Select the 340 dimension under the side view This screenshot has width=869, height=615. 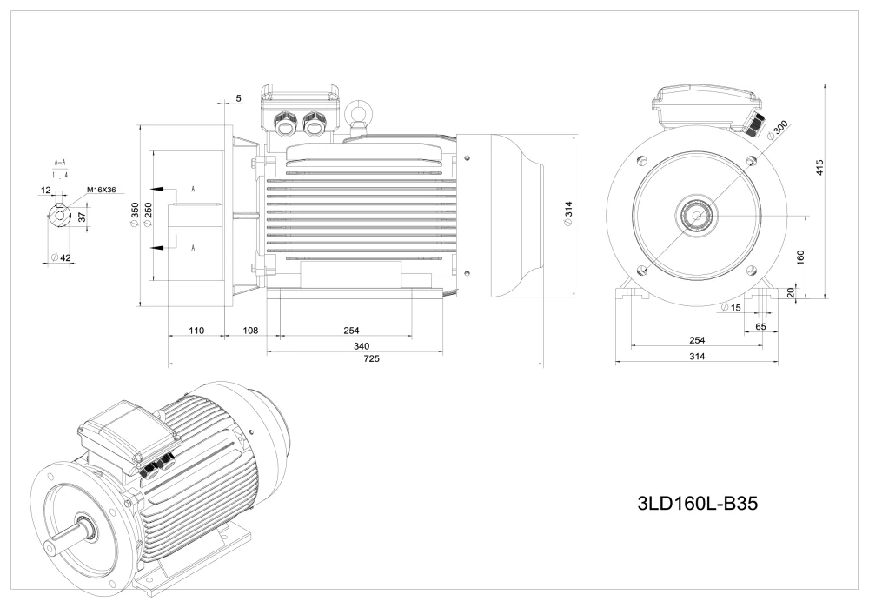(352, 344)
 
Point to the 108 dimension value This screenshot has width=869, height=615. (250, 331)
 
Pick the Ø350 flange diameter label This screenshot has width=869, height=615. (135, 214)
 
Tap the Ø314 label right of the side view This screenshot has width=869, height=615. (567, 214)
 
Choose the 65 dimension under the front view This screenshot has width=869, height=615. (760, 325)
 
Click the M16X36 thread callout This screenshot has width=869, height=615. (102, 190)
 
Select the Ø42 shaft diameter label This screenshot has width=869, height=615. (61, 258)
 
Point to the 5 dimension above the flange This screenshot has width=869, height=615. (238, 98)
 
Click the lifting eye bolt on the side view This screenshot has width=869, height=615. (355, 113)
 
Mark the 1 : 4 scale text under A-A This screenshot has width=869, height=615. (60, 175)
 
